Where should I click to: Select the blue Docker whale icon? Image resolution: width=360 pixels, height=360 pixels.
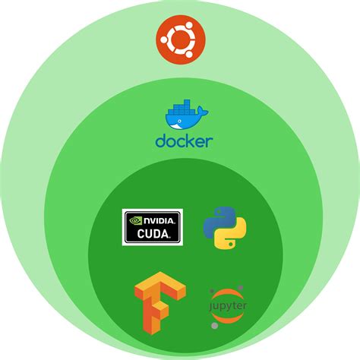[183, 116]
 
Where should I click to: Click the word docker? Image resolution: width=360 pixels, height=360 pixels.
[184, 141]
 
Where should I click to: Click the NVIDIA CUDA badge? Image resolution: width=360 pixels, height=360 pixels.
[152, 227]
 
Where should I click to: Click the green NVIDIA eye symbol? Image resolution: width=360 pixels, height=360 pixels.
[135, 222]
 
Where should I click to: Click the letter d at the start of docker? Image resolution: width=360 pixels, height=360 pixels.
[160, 141]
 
